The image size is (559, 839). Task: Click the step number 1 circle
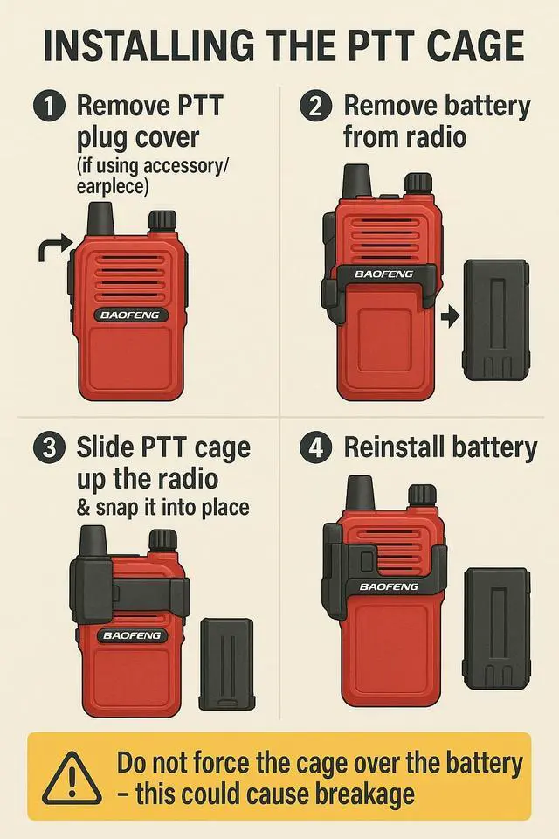click(x=48, y=106)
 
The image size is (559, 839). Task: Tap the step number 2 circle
click(x=315, y=106)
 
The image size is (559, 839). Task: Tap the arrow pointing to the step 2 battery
click(x=450, y=316)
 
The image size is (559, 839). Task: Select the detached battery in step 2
click(x=495, y=320)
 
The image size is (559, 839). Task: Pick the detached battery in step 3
click(x=226, y=665)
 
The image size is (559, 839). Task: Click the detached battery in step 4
click(x=497, y=628)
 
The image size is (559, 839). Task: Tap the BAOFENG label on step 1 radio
click(x=130, y=315)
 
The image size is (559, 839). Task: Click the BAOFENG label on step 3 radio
click(x=132, y=635)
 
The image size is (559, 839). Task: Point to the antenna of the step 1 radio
click(x=100, y=219)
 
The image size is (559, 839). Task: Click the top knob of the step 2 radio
click(x=418, y=184)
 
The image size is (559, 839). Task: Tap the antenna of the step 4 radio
click(x=360, y=493)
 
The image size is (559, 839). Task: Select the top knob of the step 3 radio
click(x=162, y=541)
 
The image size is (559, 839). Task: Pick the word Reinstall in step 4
click(x=396, y=447)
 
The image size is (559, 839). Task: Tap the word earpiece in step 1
click(x=112, y=188)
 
